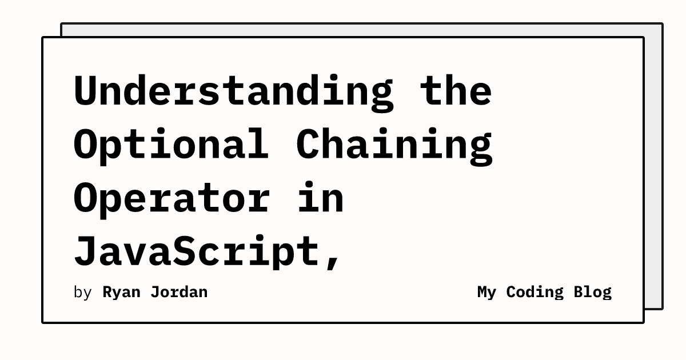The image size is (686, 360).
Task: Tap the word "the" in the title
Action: click(x=456, y=90)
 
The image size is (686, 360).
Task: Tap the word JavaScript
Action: click(x=197, y=252)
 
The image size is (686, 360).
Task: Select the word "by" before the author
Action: click(x=83, y=293)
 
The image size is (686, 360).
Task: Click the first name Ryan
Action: click(x=121, y=293)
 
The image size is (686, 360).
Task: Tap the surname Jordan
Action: click(x=179, y=292)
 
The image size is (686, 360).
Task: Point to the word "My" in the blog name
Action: click(x=486, y=293)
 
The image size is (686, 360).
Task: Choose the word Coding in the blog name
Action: click(x=535, y=293)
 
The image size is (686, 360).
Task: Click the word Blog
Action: click(x=593, y=293)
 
